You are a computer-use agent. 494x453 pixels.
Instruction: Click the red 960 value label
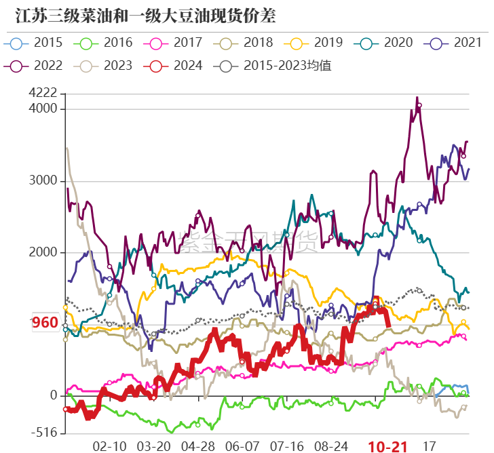click(x=45, y=323)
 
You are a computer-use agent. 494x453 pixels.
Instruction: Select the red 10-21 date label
click(x=387, y=446)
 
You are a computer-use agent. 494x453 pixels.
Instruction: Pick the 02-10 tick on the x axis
click(x=109, y=446)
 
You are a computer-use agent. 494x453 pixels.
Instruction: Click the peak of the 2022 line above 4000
click(x=417, y=98)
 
